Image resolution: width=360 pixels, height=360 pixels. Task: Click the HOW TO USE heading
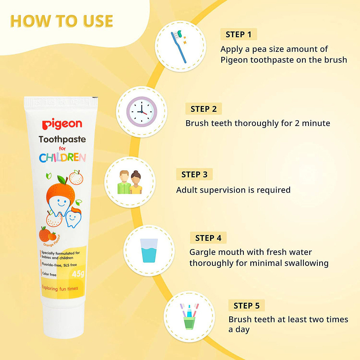61,21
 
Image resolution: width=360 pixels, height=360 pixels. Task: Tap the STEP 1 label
238,34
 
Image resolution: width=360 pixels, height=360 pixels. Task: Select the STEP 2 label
203,109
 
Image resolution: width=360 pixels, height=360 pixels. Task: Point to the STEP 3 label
194,175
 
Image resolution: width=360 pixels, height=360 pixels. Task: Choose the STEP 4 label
208,238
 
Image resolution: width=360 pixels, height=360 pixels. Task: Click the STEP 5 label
246,306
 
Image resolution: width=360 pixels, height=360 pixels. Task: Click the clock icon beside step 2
141,112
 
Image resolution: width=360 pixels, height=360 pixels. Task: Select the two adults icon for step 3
130,182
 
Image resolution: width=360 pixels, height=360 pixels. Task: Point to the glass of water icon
149,250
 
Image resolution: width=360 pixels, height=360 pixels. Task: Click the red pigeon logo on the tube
62,124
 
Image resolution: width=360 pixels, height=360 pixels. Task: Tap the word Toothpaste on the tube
62,139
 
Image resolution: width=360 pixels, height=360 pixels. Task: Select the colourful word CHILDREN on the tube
62,157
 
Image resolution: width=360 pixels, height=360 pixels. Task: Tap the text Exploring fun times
60,289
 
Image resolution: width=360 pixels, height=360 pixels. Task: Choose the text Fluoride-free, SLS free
59,265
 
